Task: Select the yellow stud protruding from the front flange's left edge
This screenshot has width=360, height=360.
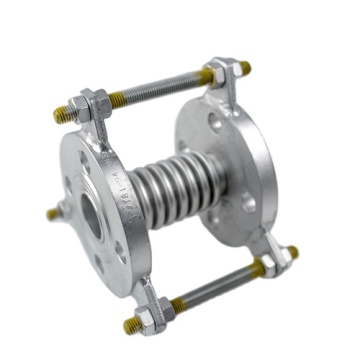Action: point(52,212)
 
